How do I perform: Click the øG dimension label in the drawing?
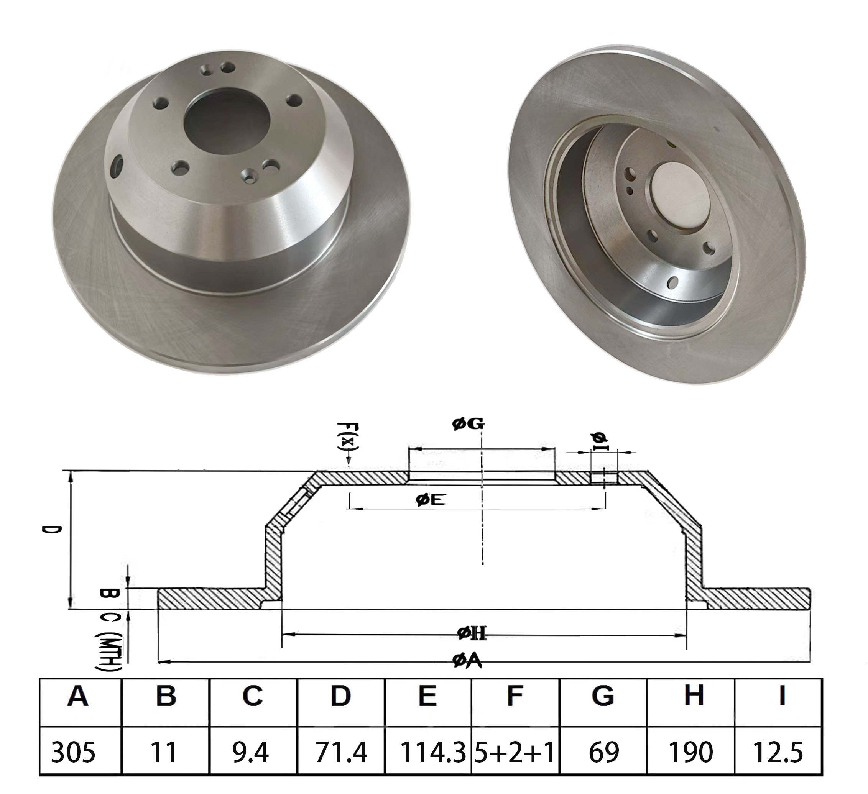tap(468, 424)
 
